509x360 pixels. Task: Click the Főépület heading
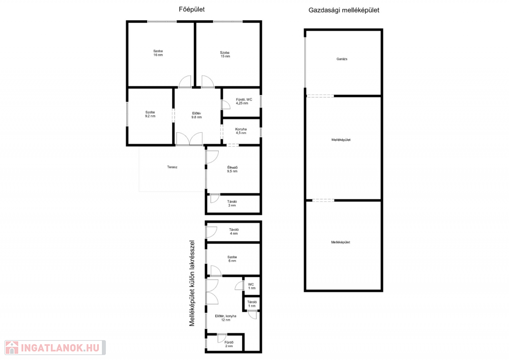click(191, 9)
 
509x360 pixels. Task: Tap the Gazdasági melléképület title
click(344, 10)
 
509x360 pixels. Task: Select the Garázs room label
click(342, 59)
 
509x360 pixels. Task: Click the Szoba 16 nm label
click(158, 53)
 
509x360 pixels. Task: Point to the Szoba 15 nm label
click(225, 54)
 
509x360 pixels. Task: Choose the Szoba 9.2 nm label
click(150, 114)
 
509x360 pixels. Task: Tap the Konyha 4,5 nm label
click(241, 131)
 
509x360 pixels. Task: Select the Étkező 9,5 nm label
click(232, 169)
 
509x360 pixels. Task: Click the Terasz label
click(172, 167)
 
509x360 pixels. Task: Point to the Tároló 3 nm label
click(232, 203)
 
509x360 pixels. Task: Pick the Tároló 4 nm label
click(234, 231)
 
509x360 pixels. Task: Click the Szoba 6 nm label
click(232, 259)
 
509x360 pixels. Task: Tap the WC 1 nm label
click(252, 286)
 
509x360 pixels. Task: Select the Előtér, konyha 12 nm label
click(226, 318)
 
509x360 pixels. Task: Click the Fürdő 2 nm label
click(229, 344)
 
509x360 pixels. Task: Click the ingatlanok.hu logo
click(55, 348)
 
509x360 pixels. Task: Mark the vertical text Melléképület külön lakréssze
click(192, 283)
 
